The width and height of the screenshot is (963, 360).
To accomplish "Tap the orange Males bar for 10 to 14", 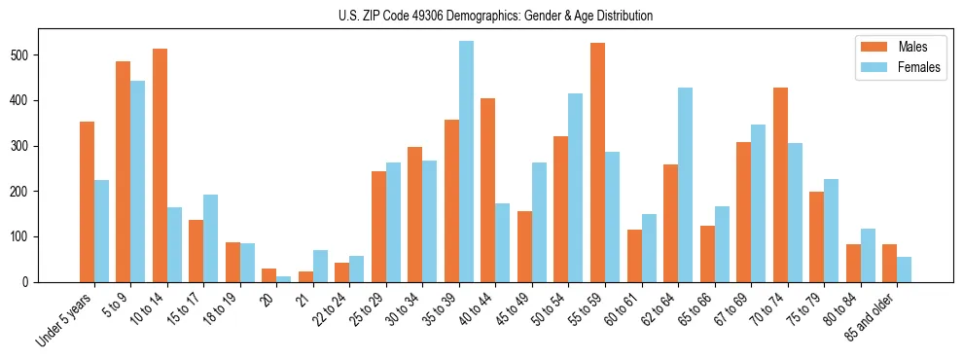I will click(x=160, y=165).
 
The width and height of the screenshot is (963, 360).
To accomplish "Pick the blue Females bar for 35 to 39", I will click(x=466, y=162).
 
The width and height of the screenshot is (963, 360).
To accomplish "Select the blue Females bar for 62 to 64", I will click(x=685, y=185).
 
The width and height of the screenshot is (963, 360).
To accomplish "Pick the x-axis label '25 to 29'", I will click(x=369, y=311).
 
